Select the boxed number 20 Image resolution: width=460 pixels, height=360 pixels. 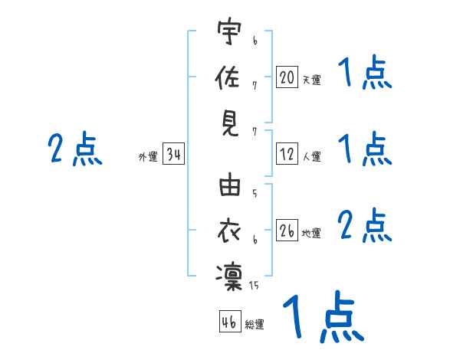click(287, 77)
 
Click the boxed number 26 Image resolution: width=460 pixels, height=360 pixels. click(287, 231)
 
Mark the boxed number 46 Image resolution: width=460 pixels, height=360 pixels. click(229, 322)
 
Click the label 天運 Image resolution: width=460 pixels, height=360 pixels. click(311, 80)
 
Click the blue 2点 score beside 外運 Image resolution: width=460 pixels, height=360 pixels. click(75, 149)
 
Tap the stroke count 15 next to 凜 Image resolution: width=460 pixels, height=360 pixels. click(254, 286)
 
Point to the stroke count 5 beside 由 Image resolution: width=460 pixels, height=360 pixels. click(254, 195)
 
